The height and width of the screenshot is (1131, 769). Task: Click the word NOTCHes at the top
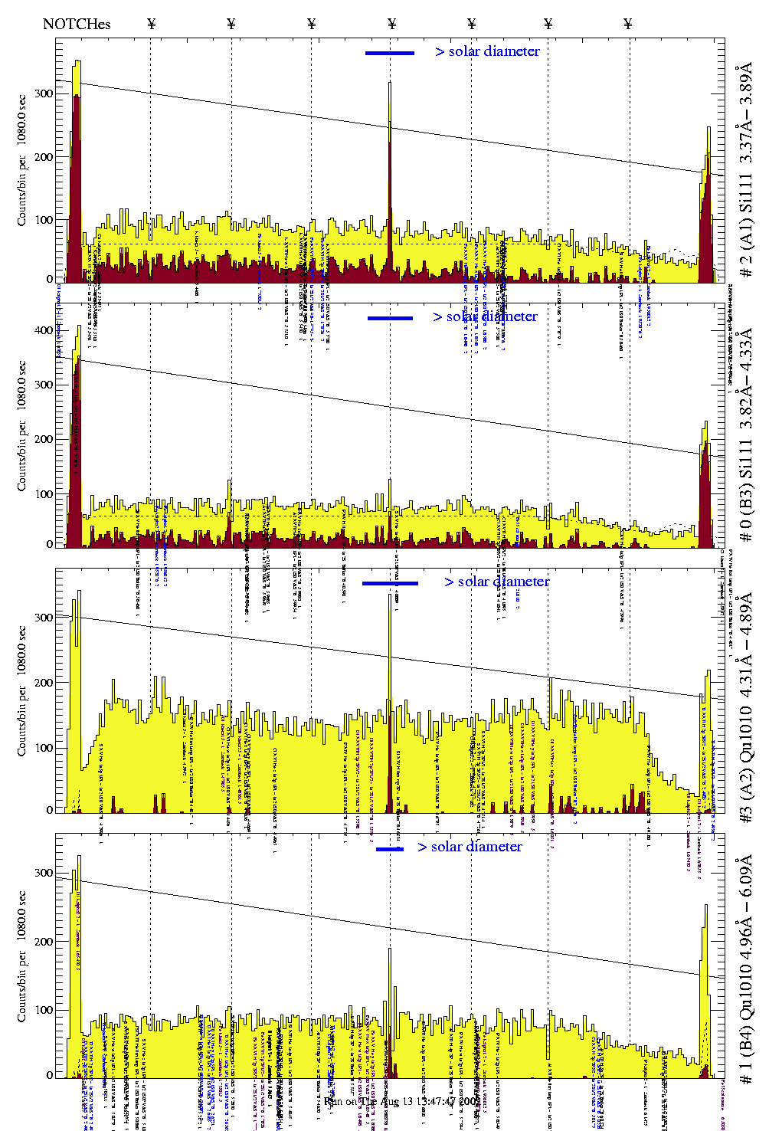tap(77, 24)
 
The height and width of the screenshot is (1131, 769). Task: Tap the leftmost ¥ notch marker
tap(151, 24)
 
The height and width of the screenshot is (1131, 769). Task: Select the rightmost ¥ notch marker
tap(628, 24)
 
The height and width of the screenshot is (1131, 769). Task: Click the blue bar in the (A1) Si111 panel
tap(390, 53)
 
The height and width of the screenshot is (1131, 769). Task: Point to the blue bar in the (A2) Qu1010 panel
tap(390, 583)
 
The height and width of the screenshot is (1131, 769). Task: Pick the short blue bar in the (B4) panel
tap(390, 848)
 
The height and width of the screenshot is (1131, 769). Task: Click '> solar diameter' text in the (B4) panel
tap(470, 847)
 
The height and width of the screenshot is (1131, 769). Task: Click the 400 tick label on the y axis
tap(44, 330)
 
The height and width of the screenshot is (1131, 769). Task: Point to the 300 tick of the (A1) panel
tap(44, 93)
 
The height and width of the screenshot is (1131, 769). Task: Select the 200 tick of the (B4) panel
tap(44, 942)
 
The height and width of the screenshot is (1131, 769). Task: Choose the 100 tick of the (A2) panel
tap(44, 747)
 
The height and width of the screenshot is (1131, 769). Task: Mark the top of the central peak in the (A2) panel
tap(390, 595)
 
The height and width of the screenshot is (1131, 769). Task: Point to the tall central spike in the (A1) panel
tap(390, 84)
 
